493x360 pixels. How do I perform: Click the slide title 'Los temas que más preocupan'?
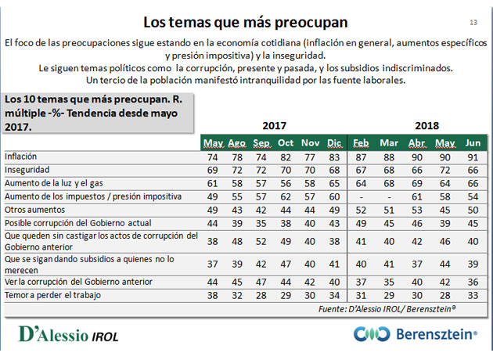[x=246, y=23]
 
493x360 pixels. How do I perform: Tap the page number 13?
[x=473, y=23]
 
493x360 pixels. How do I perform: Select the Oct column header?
[x=286, y=143]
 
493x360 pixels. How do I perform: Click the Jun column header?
[x=473, y=143]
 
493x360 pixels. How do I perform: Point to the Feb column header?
[x=361, y=143]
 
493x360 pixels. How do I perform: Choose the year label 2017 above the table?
[x=274, y=126]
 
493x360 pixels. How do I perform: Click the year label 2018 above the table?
[x=426, y=126]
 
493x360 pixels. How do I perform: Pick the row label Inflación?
[x=21, y=157]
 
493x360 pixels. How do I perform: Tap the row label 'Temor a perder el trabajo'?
[x=53, y=295]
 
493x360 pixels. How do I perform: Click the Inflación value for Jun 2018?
[x=473, y=157]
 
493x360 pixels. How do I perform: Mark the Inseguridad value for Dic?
[x=334, y=171]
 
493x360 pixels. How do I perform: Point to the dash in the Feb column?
[x=362, y=197]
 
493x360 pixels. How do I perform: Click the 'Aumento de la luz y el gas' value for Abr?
[x=417, y=184]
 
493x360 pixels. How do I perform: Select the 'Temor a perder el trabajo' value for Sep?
[x=261, y=296]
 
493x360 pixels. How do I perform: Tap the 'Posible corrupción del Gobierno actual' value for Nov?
[x=310, y=224]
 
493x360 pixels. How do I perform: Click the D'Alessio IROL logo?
[x=69, y=334]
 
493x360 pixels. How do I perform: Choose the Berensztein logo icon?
[x=372, y=334]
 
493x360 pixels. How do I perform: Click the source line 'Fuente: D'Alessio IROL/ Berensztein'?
[x=387, y=309]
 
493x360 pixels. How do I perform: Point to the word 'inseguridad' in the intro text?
[x=298, y=56]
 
